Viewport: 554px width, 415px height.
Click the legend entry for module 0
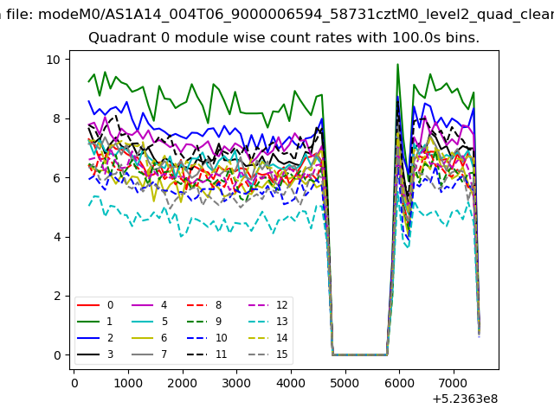click(95, 305)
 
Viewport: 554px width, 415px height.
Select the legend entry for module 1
click(94, 321)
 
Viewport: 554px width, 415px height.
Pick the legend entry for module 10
click(206, 338)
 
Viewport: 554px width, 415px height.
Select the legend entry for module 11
click(206, 354)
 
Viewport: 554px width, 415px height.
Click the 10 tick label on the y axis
click(54, 60)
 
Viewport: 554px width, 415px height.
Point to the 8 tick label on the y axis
click(57, 118)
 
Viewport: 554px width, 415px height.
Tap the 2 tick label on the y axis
click(57, 296)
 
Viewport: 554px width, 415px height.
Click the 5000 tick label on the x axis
click(345, 383)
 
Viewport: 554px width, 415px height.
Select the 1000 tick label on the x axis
click(128, 383)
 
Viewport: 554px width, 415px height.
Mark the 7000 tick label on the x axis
click(454, 383)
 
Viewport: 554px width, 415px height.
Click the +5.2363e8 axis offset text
click(465, 399)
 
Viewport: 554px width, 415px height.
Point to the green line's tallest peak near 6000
click(397, 64)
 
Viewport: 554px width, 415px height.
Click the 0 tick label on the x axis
click(74, 383)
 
